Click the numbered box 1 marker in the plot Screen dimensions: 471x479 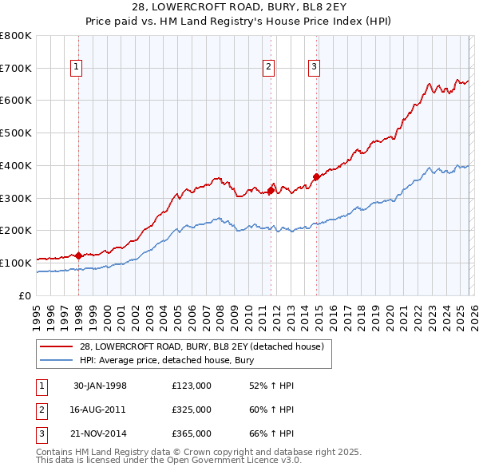[77, 68]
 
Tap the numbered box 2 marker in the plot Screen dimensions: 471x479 [269, 68]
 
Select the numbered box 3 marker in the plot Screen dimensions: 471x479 [315, 68]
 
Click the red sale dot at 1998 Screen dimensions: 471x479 [79, 255]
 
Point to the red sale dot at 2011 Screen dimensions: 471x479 [271, 190]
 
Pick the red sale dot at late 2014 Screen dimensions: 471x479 [317, 177]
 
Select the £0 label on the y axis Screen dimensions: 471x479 [24, 295]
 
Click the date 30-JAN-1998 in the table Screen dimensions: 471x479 [101, 386]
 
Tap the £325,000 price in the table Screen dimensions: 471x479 [192, 410]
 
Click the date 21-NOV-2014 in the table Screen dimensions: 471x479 [101, 433]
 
